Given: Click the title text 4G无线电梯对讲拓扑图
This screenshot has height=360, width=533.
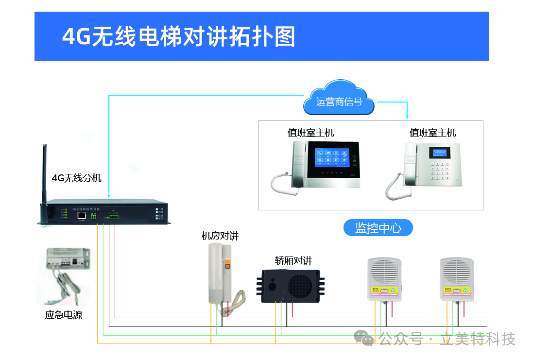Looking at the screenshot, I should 179,36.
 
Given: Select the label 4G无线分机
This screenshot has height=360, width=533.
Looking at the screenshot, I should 77,178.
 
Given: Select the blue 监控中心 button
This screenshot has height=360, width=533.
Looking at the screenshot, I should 378,228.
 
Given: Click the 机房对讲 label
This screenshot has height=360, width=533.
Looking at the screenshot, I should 220,236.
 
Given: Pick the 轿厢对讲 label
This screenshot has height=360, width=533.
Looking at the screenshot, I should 293,261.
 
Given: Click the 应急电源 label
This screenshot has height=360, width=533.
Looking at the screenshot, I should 64,315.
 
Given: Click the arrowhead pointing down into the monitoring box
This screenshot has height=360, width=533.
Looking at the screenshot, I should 407,117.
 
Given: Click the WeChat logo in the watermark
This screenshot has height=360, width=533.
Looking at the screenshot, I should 364,338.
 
